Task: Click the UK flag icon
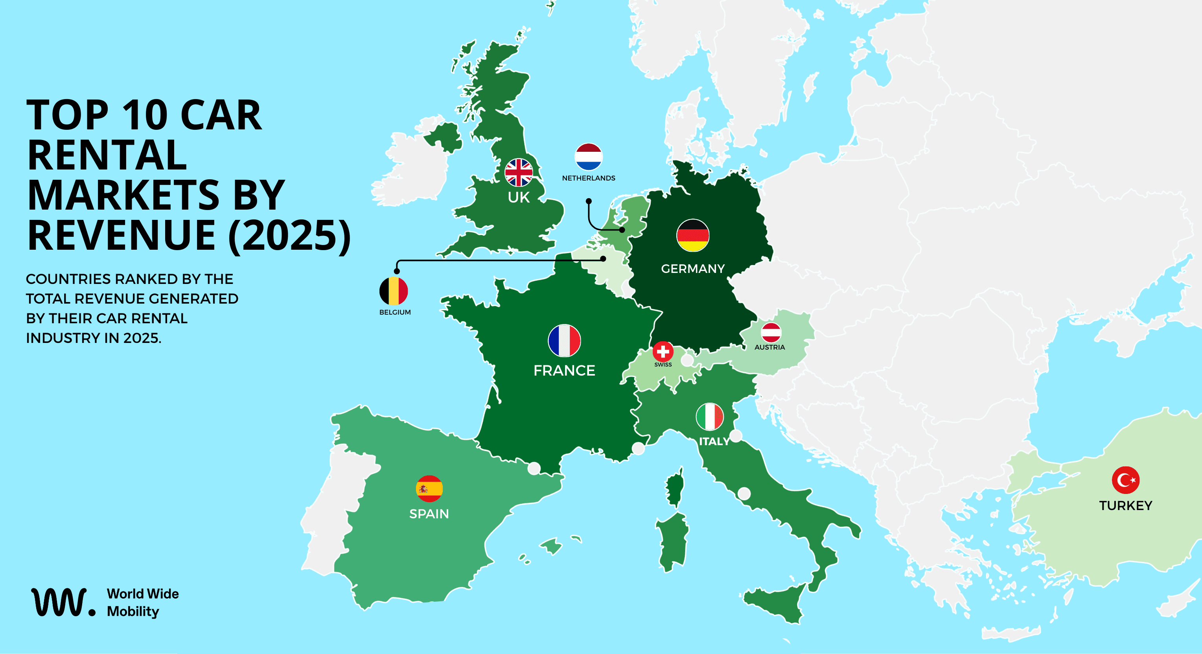click(518, 172)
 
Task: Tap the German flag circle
click(692, 235)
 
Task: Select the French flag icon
click(564, 340)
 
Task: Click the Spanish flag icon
click(429, 488)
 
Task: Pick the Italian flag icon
click(709, 416)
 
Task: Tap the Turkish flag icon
click(1125, 480)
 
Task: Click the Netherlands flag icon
click(588, 157)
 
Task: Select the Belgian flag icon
click(393, 291)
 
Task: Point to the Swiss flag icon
click(663, 351)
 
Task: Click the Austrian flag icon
click(771, 332)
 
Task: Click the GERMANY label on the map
click(692, 269)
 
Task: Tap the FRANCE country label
click(564, 370)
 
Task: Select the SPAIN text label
click(429, 514)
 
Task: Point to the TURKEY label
click(1125, 506)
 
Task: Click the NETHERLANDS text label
click(588, 178)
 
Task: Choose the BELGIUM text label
click(395, 312)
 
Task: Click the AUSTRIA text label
click(769, 347)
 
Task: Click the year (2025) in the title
click(289, 236)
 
